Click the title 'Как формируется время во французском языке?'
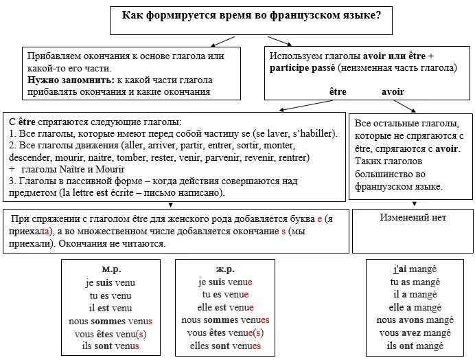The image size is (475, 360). (x=252, y=14)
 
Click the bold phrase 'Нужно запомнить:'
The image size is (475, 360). (x=62, y=80)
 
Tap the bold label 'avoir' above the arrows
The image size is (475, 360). (x=393, y=91)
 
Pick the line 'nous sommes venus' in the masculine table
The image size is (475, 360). (x=110, y=321)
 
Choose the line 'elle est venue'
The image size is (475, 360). (x=225, y=308)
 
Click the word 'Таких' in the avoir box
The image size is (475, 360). (x=369, y=161)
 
